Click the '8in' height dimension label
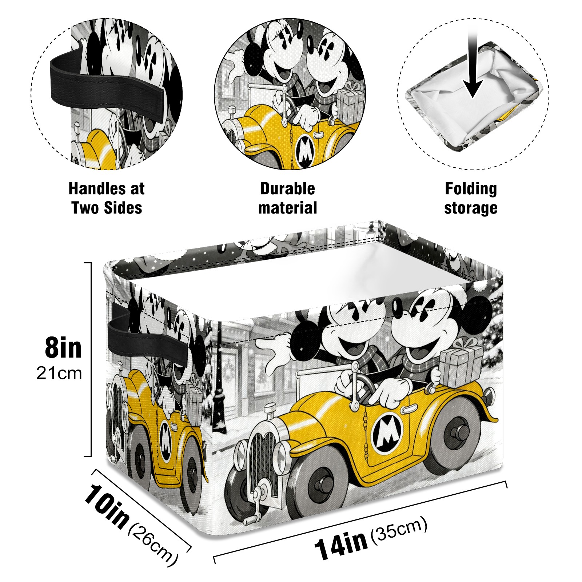(63, 348)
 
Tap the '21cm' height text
(59, 374)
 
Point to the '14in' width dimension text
(341, 545)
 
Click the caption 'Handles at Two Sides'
(107, 198)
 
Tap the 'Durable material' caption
(288, 198)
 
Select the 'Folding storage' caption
(471, 198)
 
